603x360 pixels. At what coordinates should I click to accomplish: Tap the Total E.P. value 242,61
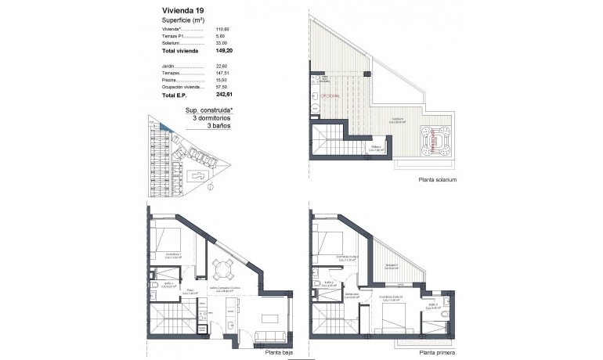(226, 95)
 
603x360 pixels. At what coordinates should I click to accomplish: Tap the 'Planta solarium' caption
(437, 180)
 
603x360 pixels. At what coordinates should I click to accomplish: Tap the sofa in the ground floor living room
(269, 337)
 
